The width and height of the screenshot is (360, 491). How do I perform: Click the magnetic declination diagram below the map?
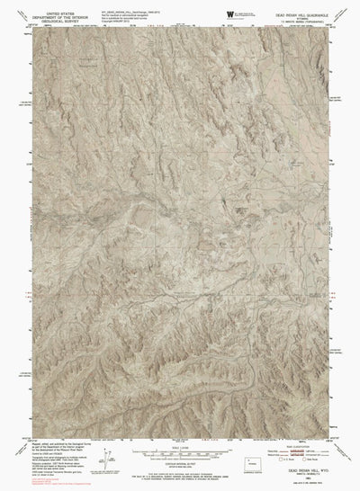click(x=120, y=459)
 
